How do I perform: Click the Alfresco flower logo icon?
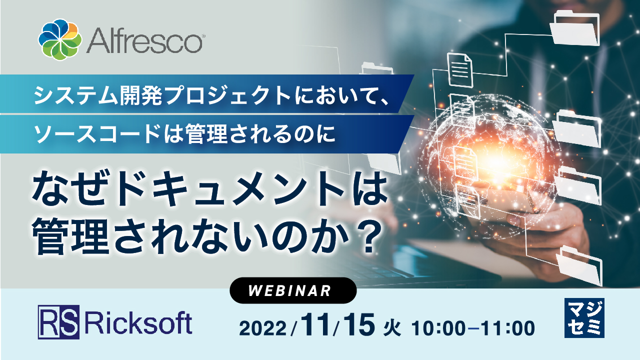click(60, 39)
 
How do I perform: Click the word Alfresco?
click(145, 41)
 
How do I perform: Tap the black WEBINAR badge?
click(293, 290)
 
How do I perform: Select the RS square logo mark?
click(58, 322)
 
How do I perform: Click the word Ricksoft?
click(138, 323)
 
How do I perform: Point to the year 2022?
click(263, 328)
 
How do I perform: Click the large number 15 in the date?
click(359, 325)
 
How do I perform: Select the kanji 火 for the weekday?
click(392, 328)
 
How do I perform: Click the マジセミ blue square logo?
click(584, 318)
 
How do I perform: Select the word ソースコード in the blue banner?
click(96, 134)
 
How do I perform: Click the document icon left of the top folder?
click(460, 70)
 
